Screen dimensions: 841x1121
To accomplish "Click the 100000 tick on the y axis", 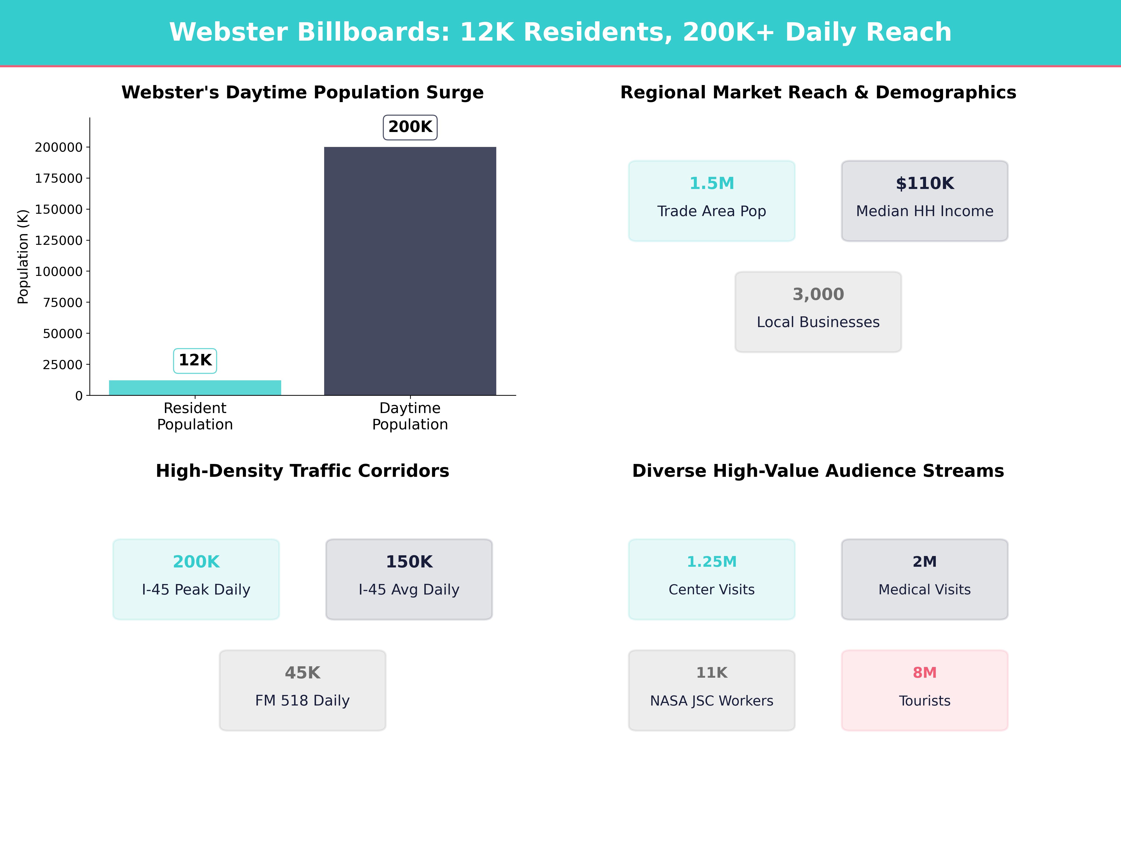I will tap(58, 272).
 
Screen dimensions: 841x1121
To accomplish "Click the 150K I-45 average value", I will tap(409, 562).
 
